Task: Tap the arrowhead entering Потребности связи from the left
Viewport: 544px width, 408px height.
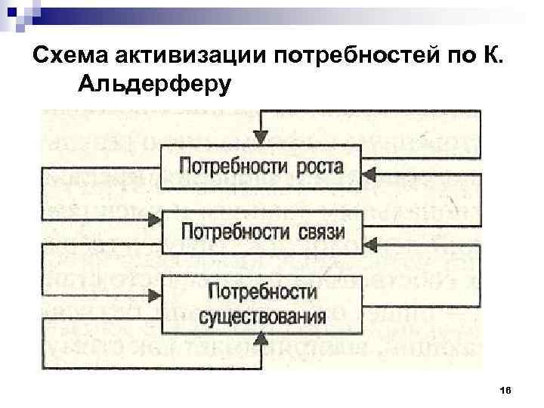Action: tap(154, 220)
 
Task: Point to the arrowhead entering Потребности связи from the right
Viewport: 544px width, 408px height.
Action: tap(369, 243)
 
